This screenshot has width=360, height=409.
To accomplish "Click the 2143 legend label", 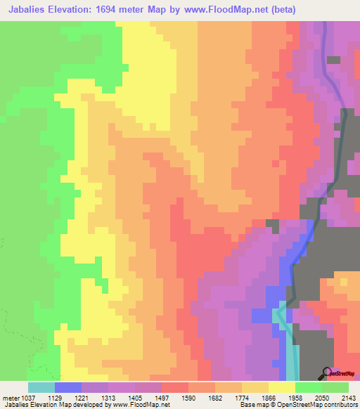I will [x=346, y=397].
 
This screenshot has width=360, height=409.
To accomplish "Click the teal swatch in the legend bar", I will [x=41, y=387].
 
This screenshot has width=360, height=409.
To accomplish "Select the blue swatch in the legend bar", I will [x=68, y=387].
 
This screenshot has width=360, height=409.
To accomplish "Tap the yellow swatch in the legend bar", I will [x=282, y=387].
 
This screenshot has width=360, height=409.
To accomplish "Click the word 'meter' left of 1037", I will [x=12, y=397].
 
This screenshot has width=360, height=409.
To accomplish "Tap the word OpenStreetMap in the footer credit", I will [x=295, y=405].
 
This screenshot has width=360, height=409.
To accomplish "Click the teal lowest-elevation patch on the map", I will [x=290, y=355].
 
